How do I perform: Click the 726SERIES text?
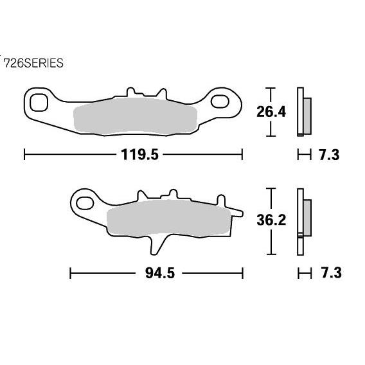click(33, 63)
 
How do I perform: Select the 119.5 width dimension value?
click(134, 155)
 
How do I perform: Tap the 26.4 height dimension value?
click(270, 112)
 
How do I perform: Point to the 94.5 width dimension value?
click(157, 272)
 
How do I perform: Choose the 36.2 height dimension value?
click(270, 220)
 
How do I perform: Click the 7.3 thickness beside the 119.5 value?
click(329, 155)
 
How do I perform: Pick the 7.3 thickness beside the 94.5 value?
click(329, 272)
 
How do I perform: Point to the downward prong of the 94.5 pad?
click(156, 245)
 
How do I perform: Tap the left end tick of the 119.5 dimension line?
click(24, 155)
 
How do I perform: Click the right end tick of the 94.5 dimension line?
click(243, 272)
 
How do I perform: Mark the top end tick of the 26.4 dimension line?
click(271, 87)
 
